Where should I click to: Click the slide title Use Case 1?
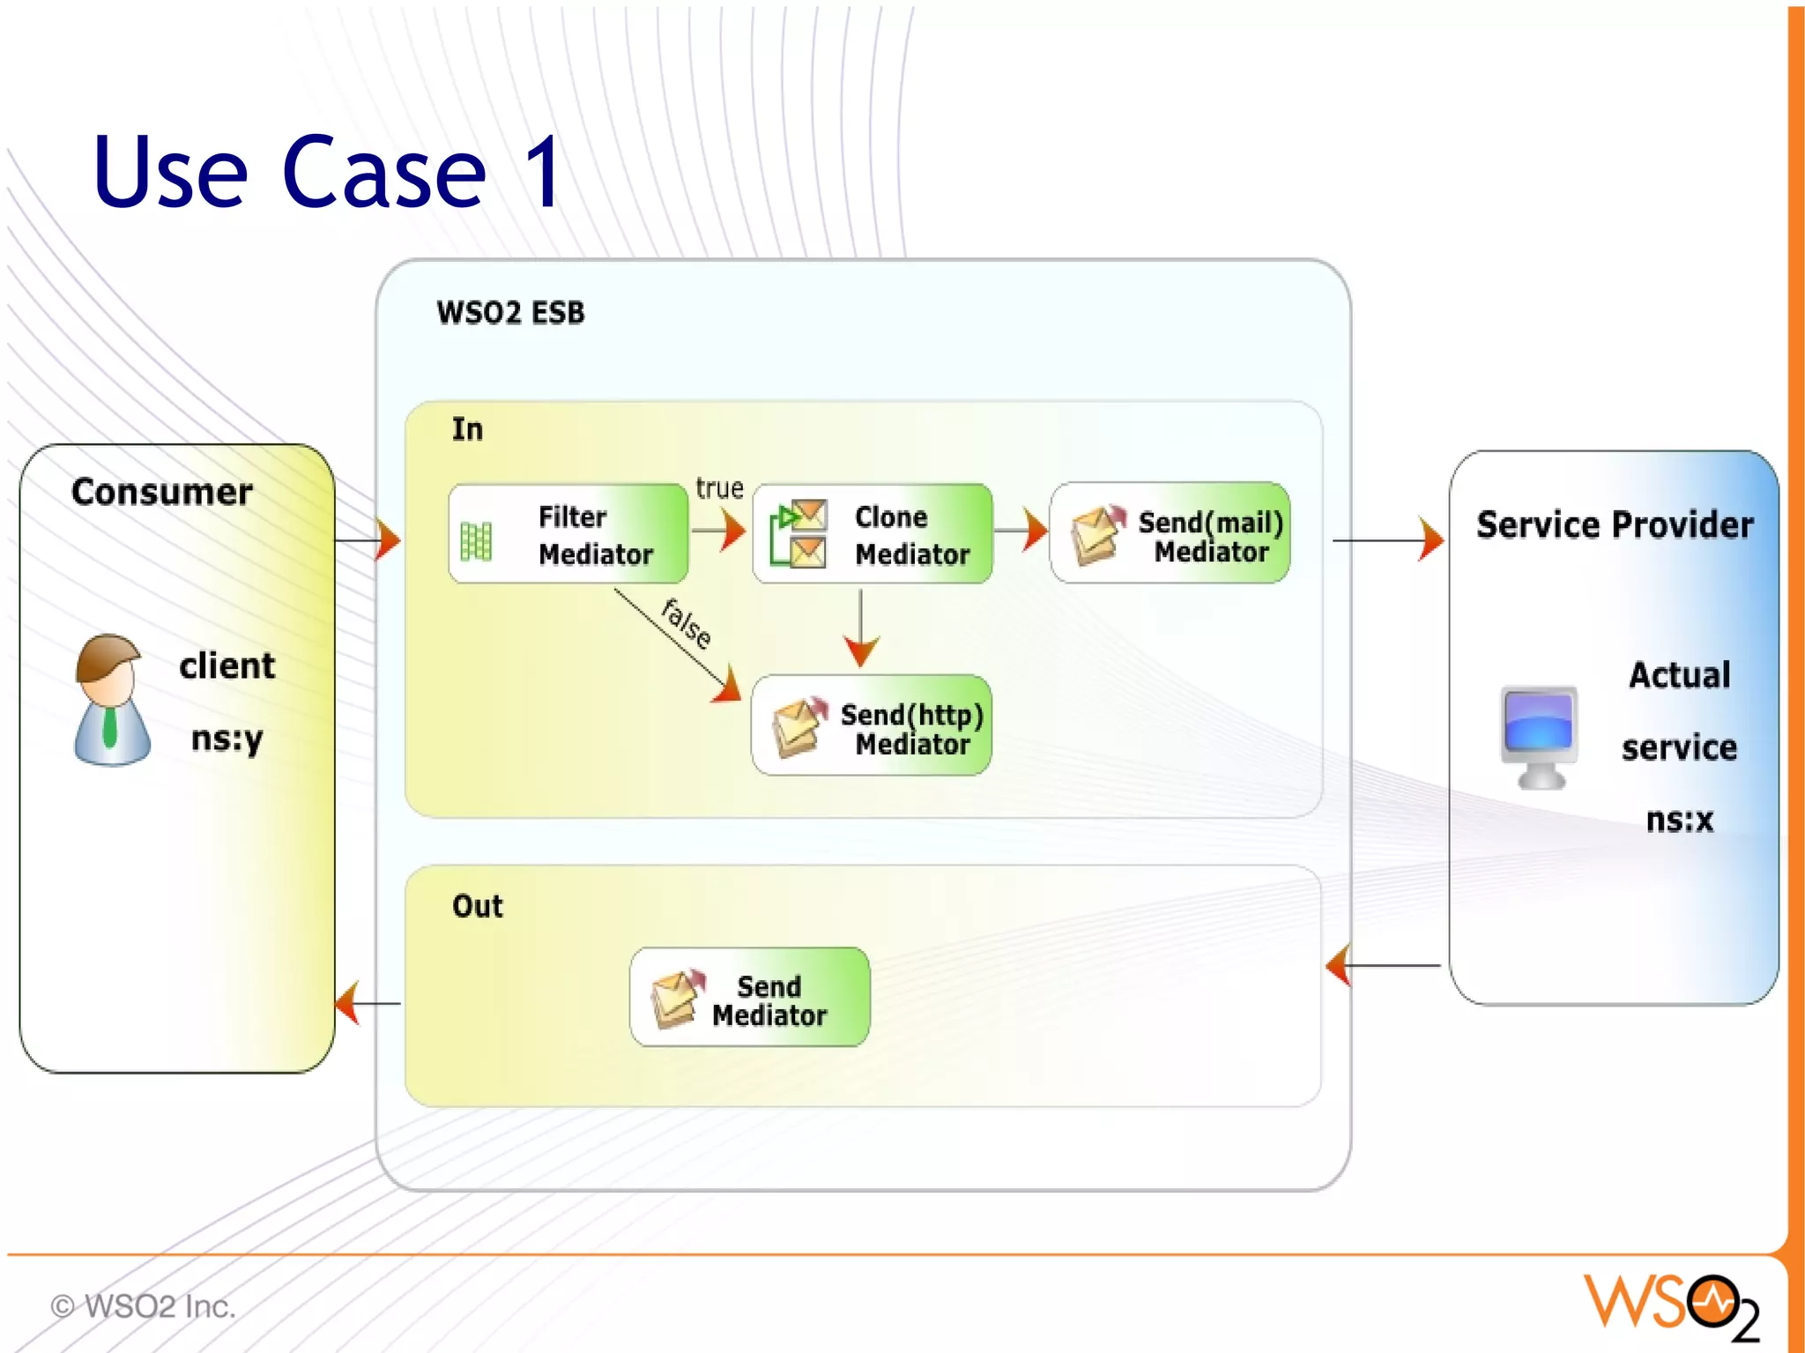[x=326, y=172]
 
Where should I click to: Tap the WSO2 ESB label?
[x=510, y=313]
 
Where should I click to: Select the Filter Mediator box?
[x=568, y=534]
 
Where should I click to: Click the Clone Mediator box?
[x=872, y=534]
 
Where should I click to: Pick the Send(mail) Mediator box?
[x=1170, y=534]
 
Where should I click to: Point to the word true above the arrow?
[x=719, y=488]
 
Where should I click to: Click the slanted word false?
[x=687, y=623]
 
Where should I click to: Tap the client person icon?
[x=111, y=700]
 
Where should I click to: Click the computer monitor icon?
[x=1539, y=736]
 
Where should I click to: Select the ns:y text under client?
[x=227, y=739]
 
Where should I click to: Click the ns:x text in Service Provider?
[x=1679, y=821]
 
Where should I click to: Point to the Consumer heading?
[x=162, y=492]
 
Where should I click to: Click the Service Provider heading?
[x=1615, y=525]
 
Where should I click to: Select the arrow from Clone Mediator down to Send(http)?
[x=860, y=629]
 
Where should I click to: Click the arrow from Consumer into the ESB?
[x=368, y=539]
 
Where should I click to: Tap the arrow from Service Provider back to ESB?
[x=1384, y=965]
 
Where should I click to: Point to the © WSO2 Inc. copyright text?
[x=144, y=1306]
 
